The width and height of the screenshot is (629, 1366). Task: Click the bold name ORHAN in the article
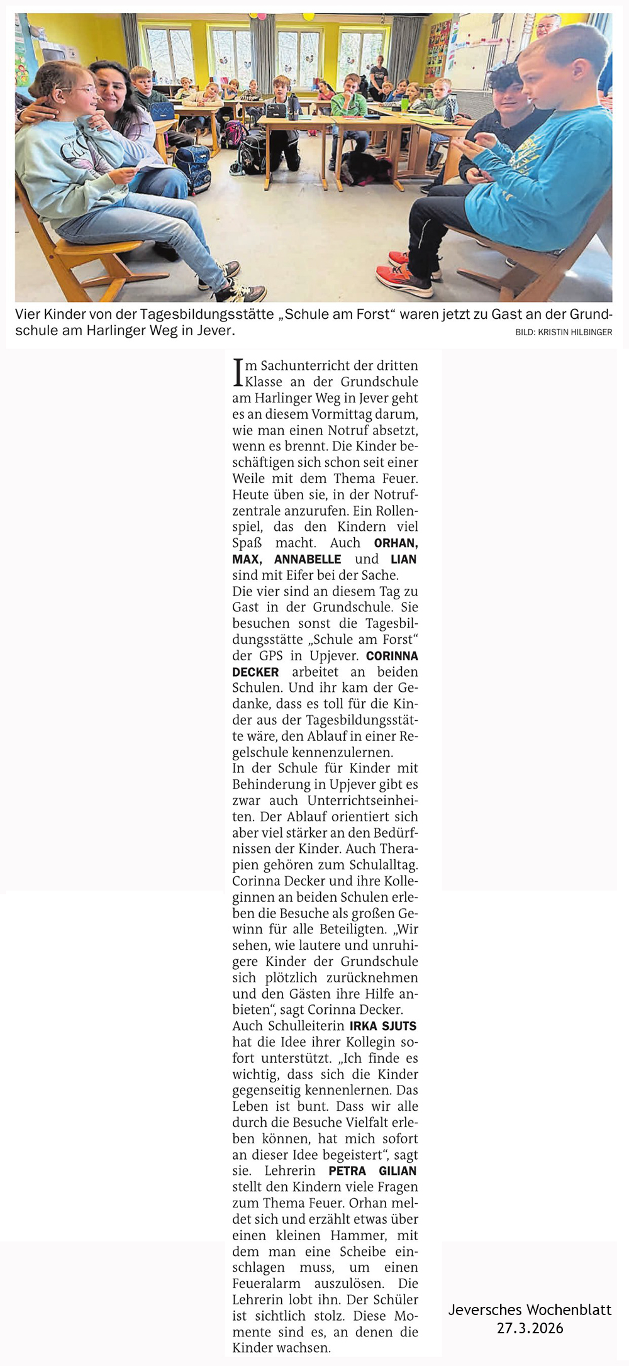(x=396, y=543)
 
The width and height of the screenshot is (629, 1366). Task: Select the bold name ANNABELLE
(x=308, y=559)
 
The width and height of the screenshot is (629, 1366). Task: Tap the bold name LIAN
(x=403, y=559)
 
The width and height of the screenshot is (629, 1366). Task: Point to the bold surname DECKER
(x=255, y=672)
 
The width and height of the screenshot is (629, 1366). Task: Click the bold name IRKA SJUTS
(x=383, y=1026)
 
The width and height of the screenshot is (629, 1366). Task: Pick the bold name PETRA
(x=347, y=1171)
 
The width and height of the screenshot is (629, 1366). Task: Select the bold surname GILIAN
(x=398, y=1171)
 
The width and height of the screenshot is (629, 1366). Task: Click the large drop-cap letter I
(x=238, y=372)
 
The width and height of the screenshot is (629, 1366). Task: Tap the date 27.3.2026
(x=530, y=1328)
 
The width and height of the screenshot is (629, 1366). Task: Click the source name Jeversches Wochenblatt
(x=530, y=1309)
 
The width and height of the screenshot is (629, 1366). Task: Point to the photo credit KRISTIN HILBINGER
(x=575, y=332)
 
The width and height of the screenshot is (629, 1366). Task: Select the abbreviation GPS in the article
(x=270, y=655)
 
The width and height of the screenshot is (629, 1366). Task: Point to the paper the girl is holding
(x=151, y=165)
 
